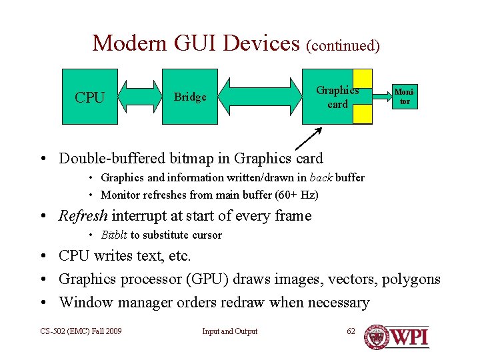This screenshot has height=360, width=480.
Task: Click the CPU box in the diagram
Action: click(x=89, y=97)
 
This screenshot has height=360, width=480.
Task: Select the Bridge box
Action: click(x=190, y=97)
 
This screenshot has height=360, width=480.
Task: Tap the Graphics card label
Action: click(x=337, y=97)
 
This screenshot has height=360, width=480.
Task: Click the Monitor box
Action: click(x=404, y=97)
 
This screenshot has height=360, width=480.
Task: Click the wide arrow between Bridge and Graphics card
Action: click(x=260, y=97)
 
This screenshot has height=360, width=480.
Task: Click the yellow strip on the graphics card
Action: click(x=363, y=97)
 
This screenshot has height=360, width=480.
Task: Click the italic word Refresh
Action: click(x=83, y=216)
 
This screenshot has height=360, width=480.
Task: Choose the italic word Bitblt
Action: click(x=114, y=235)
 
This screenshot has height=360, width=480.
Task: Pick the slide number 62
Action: click(x=351, y=331)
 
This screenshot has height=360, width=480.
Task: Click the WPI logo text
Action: click(x=408, y=337)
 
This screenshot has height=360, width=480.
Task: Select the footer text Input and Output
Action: click(x=230, y=331)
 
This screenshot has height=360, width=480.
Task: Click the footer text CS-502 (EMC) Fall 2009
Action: click(x=81, y=331)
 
